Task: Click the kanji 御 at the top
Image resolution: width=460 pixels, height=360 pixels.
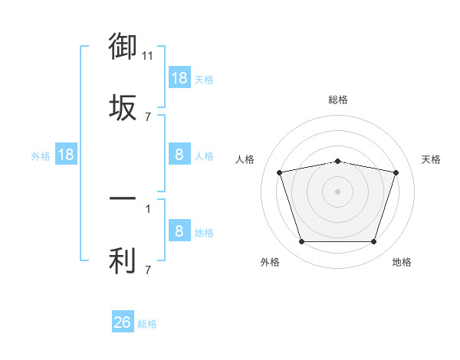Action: tap(123, 46)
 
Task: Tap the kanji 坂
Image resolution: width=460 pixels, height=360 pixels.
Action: tap(123, 107)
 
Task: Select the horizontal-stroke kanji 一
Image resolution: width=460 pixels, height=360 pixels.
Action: tap(123, 198)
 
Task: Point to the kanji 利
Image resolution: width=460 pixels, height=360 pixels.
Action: tap(123, 260)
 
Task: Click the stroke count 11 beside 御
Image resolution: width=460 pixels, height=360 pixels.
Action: tap(147, 56)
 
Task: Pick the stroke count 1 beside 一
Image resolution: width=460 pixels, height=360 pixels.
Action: tap(148, 209)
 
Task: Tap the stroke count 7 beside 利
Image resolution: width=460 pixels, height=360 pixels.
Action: tap(148, 270)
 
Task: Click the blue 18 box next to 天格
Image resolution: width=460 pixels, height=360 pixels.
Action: tap(180, 77)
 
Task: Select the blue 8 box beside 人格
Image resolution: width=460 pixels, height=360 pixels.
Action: tap(180, 154)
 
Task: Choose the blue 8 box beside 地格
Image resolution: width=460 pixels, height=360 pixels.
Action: tap(180, 230)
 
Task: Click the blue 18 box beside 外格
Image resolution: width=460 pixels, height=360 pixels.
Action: tap(66, 154)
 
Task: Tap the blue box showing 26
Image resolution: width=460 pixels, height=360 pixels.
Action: tap(123, 321)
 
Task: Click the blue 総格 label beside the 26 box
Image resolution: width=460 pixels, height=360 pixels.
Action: tap(147, 324)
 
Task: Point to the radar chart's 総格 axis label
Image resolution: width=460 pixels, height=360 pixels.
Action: tap(338, 100)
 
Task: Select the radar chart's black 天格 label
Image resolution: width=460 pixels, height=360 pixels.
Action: tap(431, 159)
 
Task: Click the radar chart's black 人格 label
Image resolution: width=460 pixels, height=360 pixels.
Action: tap(245, 159)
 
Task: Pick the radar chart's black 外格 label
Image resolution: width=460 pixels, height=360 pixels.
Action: tap(270, 262)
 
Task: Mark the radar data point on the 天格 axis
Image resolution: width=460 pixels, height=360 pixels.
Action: tap(396, 172)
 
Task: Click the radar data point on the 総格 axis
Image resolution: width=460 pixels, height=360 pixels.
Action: tap(338, 162)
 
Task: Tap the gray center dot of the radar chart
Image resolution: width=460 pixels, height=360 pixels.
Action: tap(337, 191)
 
